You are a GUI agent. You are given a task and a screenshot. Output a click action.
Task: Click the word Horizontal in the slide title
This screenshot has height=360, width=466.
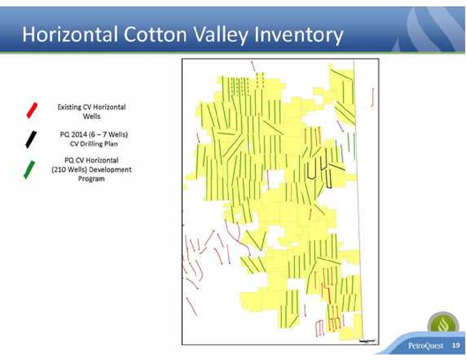click(x=70, y=34)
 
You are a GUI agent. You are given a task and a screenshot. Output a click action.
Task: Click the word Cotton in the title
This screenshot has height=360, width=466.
click(x=156, y=34)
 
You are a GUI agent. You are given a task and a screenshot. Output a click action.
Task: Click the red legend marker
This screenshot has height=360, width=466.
click(x=32, y=110)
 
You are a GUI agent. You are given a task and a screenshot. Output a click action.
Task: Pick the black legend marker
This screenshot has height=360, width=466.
click(x=31, y=139)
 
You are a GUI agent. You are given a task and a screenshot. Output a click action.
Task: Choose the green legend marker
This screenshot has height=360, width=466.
click(x=29, y=170)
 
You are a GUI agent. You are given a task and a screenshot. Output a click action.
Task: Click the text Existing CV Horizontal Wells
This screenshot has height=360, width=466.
click(x=91, y=112)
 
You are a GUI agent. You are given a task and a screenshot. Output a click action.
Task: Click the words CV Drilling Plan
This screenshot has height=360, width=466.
click(x=94, y=144)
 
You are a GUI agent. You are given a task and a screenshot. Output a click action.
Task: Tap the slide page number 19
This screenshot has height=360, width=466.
click(x=456, y=345)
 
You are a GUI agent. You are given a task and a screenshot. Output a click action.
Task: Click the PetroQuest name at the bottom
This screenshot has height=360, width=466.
click(x=426, y=346)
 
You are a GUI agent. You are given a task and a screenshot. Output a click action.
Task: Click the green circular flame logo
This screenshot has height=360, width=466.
click(x=443, y=324)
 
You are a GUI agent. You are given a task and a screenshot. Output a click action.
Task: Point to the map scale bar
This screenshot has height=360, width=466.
click(x=367, y=341)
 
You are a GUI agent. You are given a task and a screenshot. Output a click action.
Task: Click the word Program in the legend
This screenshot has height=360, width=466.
click(x=91, y=179)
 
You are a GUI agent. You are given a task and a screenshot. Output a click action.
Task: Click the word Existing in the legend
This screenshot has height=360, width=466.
click(x=67, y=107)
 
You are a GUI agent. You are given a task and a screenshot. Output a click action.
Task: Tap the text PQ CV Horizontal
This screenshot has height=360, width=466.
click(x=91, y=160)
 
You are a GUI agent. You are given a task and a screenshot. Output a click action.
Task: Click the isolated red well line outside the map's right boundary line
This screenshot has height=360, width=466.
click(x=373, y=97)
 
